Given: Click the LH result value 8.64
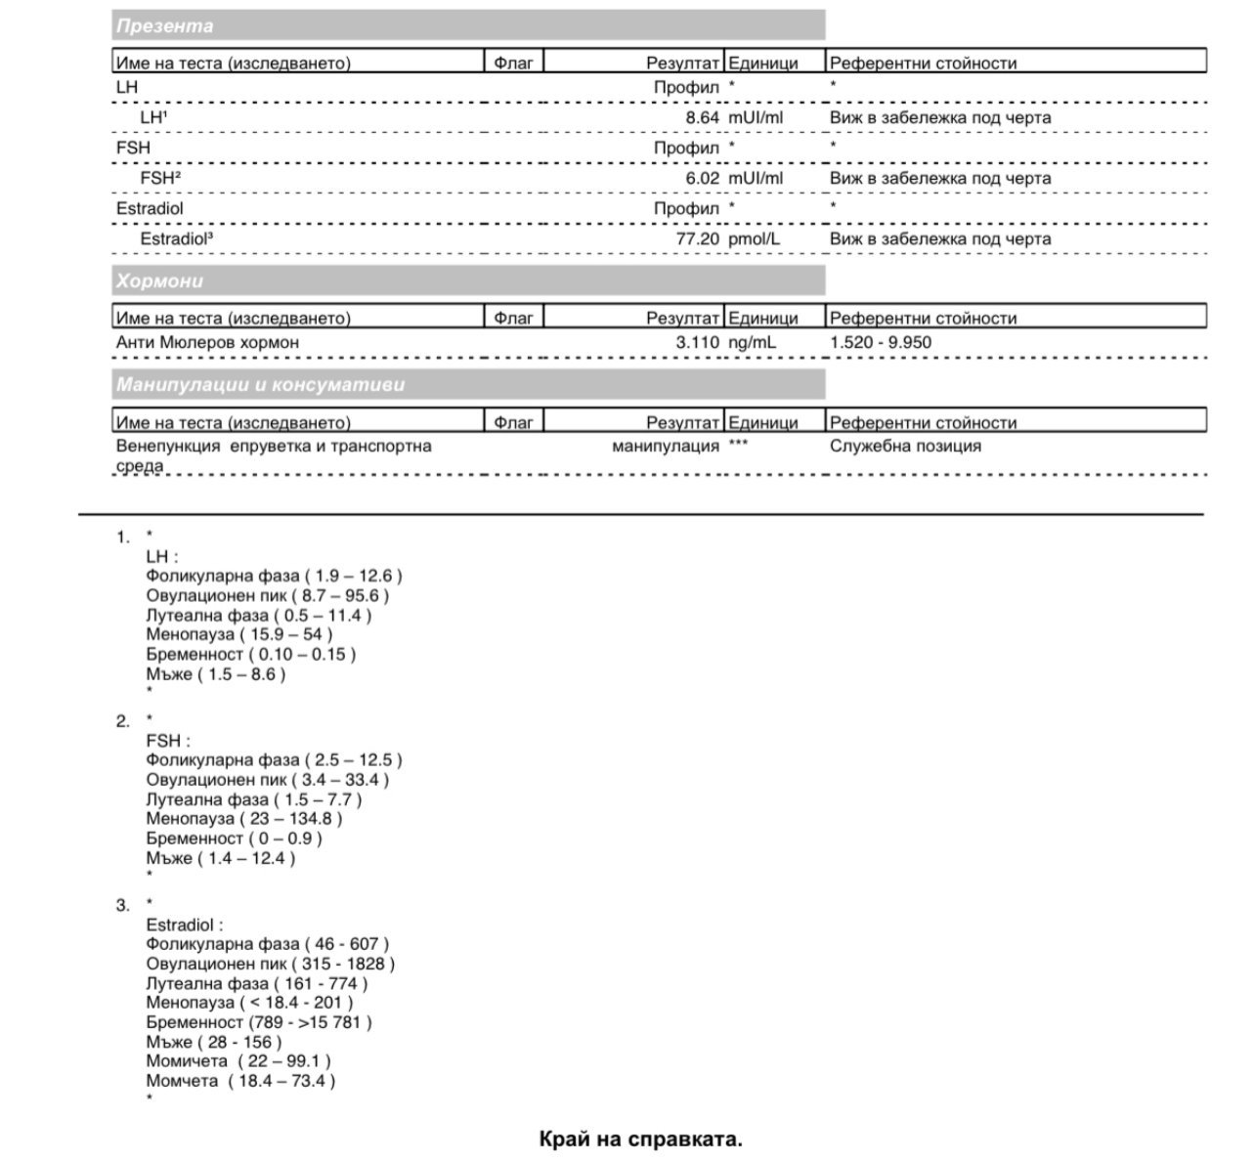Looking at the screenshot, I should (x=702, y=118).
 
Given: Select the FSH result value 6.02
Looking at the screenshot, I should (x=702, y=179).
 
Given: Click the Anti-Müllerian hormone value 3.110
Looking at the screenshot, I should (x=697, y=343).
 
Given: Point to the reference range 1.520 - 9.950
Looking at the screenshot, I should (x=880, y=343).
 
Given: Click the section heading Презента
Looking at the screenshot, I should (x=164, y=26).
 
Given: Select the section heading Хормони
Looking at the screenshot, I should (x=159, y=281).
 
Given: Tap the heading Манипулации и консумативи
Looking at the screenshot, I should (x=260, y=385).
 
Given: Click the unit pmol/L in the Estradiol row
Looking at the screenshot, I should (x=755, y=239).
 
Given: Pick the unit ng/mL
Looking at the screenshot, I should (x=753, y=343).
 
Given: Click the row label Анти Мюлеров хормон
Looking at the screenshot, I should (x=207, y=343).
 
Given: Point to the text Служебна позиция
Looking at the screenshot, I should (x=905, y=447).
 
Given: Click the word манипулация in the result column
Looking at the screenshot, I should (x=665, y=447).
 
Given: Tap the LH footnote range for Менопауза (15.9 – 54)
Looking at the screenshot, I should (x=239, y=635).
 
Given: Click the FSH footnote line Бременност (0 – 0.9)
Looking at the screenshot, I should (x=234, y=839).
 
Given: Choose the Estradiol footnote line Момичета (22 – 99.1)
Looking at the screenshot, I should (x=238, y=1061).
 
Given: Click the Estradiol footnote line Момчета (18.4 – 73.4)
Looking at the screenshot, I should (x=240, y=1081).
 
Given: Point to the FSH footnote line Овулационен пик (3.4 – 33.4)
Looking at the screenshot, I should (x=267, y=780).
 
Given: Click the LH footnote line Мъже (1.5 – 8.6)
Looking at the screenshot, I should (x=216, y=674).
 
